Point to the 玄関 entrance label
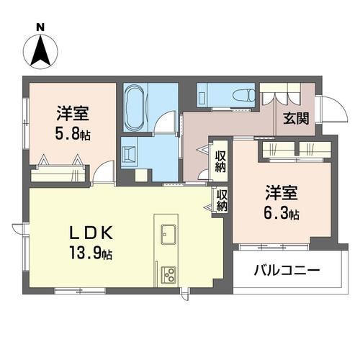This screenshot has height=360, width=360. [294, 120]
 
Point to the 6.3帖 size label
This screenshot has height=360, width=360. [282, 214]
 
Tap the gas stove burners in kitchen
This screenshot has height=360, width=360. [171, 274]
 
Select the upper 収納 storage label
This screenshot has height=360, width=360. [221, 161]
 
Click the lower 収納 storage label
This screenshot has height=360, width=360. [222, 199]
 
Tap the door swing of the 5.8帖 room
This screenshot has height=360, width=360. [106, 172]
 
